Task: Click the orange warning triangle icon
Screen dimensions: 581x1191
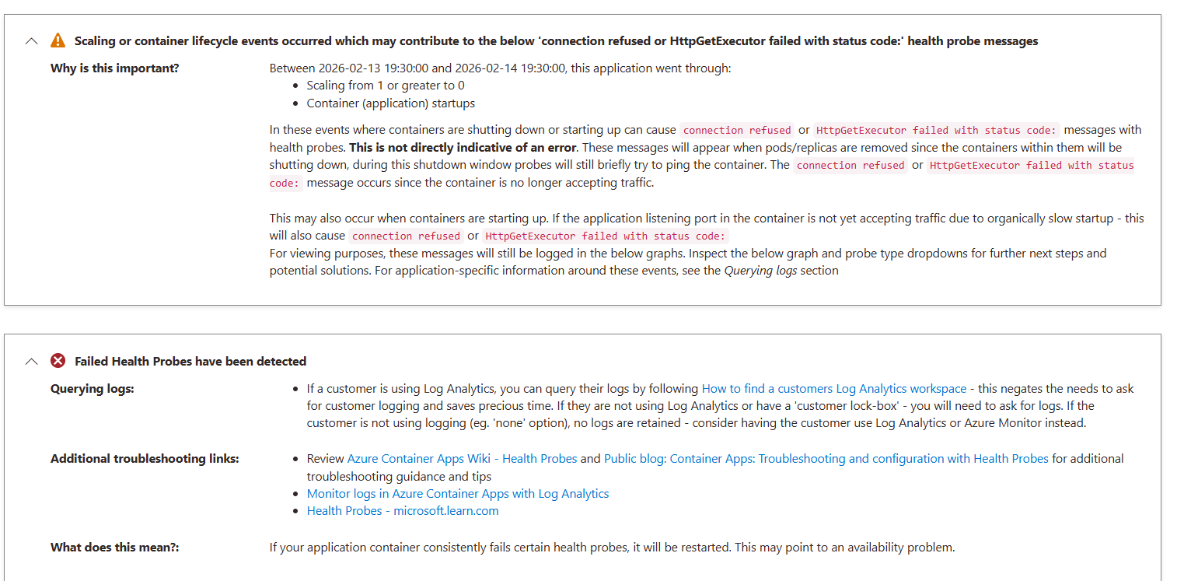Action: [58, 40]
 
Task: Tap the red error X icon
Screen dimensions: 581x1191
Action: [58, 361]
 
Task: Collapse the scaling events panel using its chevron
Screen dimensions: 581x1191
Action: [31, 41]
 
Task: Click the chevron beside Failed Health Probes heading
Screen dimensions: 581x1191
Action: [31, 362]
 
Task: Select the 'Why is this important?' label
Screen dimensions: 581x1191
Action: [115, 68]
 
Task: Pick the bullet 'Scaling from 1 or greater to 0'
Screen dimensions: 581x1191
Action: [386, 86]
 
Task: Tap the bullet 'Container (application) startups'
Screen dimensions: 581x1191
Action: [390, 103]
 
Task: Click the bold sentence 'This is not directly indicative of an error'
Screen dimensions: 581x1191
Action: [463, 148]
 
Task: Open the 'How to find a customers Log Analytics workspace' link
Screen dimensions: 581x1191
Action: [834, 389]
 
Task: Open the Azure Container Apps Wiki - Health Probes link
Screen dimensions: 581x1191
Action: [462, 459]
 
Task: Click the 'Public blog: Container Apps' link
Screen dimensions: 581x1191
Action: [826, 459]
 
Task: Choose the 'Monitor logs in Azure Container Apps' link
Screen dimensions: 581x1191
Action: [458, 494]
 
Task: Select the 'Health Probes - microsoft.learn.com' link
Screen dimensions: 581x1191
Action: [403, 511]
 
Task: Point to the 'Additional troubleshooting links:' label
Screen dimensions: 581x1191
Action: [145, 459]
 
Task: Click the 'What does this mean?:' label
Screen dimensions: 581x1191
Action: [115, 548]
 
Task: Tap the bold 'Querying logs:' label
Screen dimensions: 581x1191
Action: [93, 389]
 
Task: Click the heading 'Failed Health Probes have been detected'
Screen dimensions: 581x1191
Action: [190, 362]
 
